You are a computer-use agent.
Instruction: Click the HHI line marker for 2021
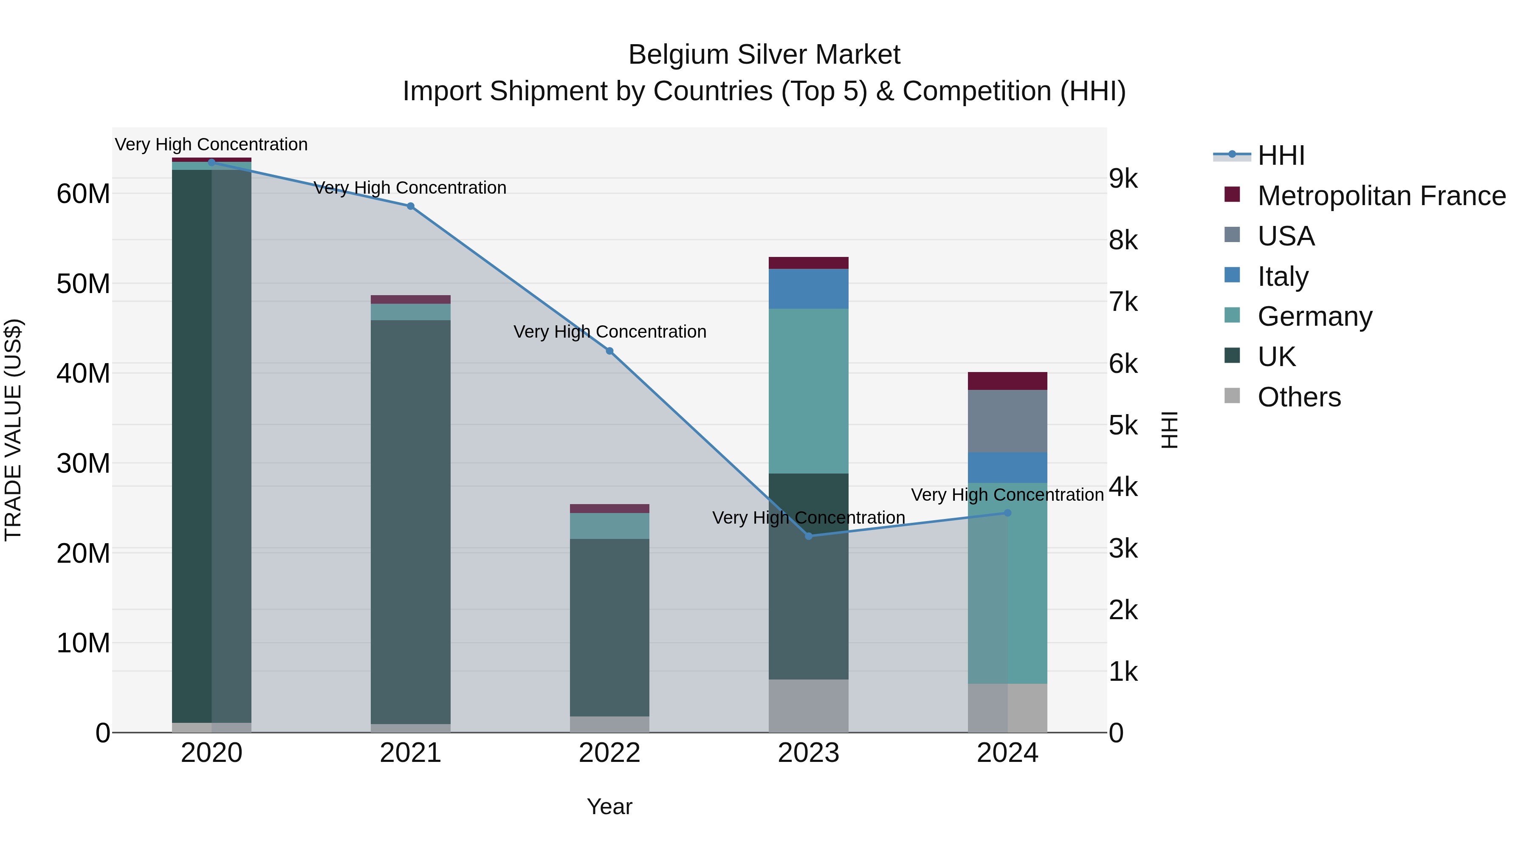(x=410, y=206)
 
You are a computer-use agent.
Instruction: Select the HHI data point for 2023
(x=808, y=536)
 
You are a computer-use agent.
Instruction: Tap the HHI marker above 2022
(x=609, y=351)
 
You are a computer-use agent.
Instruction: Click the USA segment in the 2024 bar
(x=1007, y=421)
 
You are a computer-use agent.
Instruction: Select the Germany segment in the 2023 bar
(x=808, y=391)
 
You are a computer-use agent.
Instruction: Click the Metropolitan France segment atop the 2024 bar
(x=1007, y=381)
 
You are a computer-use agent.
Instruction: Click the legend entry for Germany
(x=1315, y=316)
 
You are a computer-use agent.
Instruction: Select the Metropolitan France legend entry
(x=1381, y=196)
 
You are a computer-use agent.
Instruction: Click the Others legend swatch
(x=1232, y=396)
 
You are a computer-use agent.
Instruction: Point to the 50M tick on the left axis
(x=83, y=284)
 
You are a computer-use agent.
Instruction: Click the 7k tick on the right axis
(x=1123, y=302)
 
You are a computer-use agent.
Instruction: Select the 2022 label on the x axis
(x=609, y=753)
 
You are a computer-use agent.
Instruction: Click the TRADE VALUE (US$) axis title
(x=14, y=430)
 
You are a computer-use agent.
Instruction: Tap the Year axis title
(x=609, y=806)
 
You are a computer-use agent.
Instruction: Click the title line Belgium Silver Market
(x=764, y=55)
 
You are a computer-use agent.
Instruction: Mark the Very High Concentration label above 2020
(x=212, y=144)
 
